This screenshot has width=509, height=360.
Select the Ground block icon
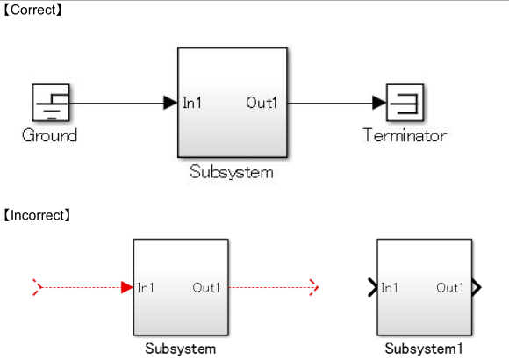[50, 103]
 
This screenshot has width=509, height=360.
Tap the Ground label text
[49, 135]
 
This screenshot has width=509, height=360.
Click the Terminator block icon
[405, 103]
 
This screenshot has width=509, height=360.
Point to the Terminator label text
[405, 135]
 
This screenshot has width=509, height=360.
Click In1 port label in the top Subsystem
[192, 103]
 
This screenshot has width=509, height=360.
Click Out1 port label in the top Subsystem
[262, 103]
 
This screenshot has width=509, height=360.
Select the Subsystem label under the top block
[232, 172]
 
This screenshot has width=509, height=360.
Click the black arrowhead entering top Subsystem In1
[170, 103]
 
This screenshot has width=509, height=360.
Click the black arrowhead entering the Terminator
[379, 103]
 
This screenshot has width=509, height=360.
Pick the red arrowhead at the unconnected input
[127, 286]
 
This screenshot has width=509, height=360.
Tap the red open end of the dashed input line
[36, 286]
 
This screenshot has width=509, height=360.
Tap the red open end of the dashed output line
[313, 286]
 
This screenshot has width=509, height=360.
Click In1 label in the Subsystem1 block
[391, 287]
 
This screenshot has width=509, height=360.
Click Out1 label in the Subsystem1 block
[449, 287]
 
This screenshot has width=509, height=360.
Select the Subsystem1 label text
[423, 349]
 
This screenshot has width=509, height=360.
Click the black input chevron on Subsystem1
[372, 286]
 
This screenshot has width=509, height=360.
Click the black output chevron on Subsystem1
[476, 286]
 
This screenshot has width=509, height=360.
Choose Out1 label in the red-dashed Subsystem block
[206, 287]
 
